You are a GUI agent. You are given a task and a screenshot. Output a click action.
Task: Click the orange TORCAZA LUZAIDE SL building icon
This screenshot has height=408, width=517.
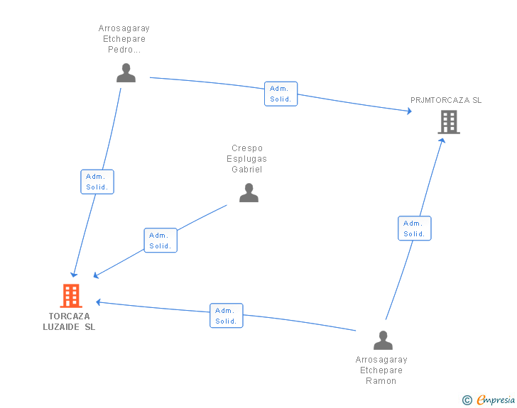point(71,295)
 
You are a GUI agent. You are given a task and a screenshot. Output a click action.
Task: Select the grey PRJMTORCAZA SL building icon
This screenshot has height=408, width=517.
point(448,122)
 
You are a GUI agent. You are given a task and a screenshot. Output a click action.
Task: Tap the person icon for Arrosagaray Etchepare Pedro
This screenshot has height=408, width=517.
point(126,72)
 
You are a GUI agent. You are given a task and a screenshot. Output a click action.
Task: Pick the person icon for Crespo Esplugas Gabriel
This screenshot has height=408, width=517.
point(249,192)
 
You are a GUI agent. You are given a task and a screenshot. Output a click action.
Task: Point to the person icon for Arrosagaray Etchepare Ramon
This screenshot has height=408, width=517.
point(383,340)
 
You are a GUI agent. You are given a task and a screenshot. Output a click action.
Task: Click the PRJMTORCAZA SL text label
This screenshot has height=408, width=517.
point(446,100)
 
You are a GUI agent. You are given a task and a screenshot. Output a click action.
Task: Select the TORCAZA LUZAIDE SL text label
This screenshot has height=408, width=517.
point(70,321)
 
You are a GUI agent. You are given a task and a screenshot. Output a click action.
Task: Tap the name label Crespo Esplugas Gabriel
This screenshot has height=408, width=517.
point(247,159)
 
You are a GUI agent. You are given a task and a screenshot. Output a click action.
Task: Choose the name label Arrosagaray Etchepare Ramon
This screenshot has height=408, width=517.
point(381,370)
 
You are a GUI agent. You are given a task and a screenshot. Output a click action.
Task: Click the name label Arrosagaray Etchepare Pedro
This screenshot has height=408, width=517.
point(124,39)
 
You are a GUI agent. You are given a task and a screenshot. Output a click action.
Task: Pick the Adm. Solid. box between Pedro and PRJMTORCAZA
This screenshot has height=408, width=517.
point(281,94)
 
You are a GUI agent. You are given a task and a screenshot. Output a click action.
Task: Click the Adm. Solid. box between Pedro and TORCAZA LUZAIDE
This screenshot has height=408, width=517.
point(97,182)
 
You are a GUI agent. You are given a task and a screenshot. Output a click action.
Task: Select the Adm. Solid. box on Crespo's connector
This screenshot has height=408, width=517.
point(160,241)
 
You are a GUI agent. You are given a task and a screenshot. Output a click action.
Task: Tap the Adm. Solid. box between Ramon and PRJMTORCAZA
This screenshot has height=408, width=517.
point(414,228)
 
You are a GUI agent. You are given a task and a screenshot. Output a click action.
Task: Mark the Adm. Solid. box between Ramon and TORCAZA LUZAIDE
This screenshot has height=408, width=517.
point(226,316)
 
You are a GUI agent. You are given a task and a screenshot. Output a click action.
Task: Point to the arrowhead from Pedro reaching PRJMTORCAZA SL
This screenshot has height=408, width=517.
point(408,111)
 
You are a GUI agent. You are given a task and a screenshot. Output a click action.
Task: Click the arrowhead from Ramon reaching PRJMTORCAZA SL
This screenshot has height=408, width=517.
point(442,140)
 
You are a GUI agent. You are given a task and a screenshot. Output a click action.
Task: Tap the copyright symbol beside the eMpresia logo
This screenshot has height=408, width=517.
point(467,400)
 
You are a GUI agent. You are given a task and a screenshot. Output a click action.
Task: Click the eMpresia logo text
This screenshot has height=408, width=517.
point(496,399)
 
